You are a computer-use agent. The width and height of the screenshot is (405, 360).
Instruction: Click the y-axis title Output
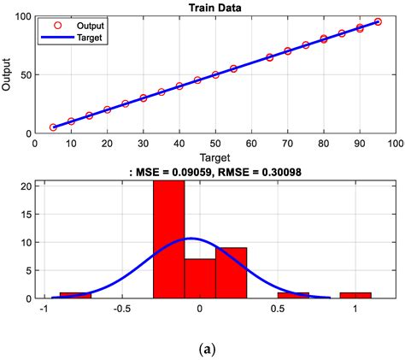(x=9, y=75)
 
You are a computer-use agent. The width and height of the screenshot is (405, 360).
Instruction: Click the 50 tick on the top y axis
(x=25, y=75)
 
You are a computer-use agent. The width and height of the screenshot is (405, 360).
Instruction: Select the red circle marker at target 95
(x=377, y=22)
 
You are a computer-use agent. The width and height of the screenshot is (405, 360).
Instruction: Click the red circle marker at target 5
(x=53, y=127)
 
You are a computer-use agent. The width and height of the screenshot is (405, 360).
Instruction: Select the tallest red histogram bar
(x=168, y=239)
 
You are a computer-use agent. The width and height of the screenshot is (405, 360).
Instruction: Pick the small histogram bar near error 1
(x=355, y=295)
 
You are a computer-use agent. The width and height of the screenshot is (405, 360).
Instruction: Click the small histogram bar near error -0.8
(x=75, y=295)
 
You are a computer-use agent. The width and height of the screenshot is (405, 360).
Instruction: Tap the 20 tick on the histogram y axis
(x=26, y=186)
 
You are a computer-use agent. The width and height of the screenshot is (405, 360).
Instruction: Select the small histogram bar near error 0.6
(x=293, y=295)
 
